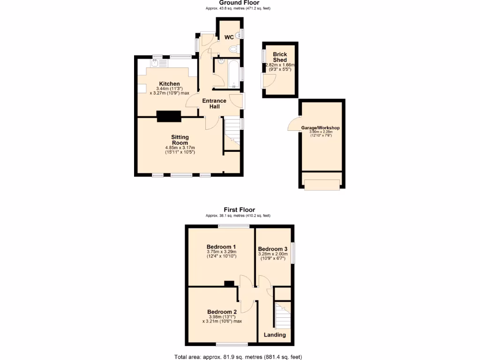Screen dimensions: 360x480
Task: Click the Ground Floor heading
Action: coord(239,3)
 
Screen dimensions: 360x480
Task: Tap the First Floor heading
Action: coord(239,210)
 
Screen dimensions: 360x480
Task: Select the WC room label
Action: coord(229,37)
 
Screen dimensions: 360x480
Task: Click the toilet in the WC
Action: coord(234,49)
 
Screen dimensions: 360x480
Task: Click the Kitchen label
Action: coord(169,84)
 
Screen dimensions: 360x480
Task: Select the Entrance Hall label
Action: coord(214,104)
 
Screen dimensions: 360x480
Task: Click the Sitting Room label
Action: coord(180,140)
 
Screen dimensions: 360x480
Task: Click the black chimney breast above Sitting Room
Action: coord(169,116)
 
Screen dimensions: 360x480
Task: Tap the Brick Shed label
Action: coord(280,57)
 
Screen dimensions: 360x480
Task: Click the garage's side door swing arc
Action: coord(293,124)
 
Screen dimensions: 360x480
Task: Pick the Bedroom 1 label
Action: coord(221,247)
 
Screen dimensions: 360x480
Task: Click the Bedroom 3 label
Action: coord(272,249)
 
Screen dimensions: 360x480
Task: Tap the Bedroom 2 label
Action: coord(222,312)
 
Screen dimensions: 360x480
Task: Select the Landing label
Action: coord(275,335)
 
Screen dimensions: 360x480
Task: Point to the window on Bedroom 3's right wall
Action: coord(293,253)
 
